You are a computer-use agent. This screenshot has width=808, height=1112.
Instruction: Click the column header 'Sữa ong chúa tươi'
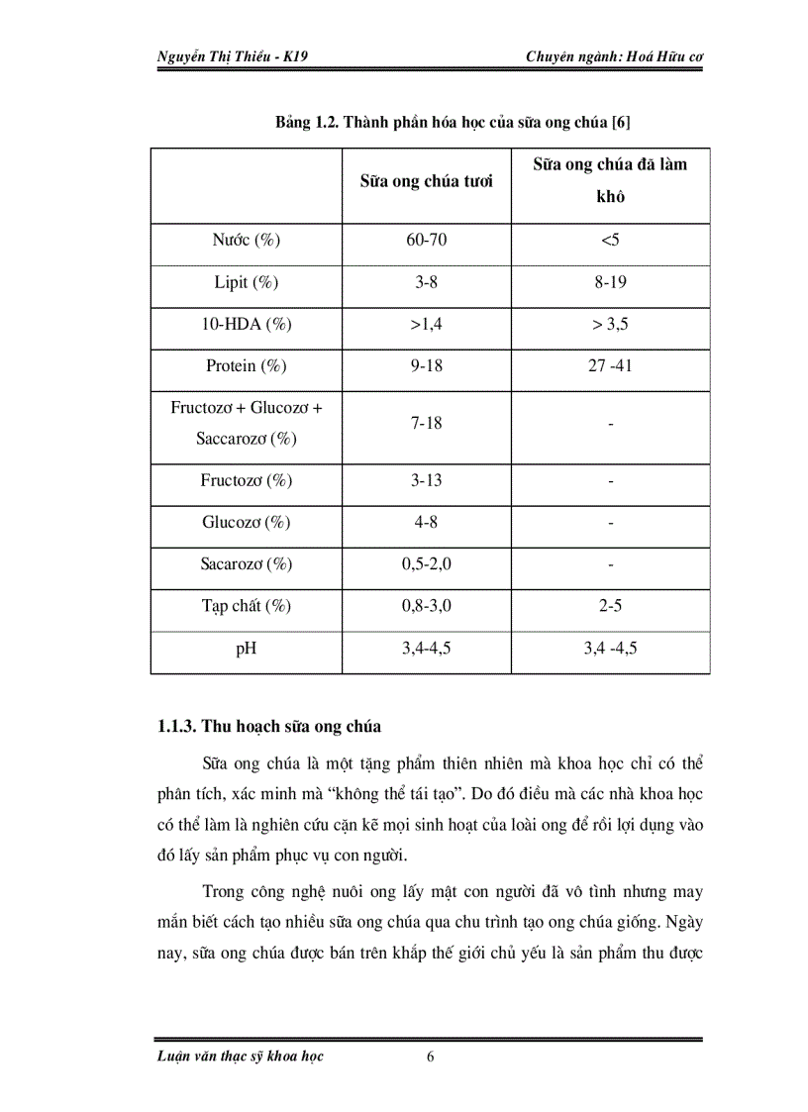(427, 181)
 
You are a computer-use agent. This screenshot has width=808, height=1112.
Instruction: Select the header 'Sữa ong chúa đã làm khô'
(610, 180)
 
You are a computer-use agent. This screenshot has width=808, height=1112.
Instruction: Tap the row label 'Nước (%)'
(247, 241)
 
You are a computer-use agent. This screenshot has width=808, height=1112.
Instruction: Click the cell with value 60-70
(427, 241)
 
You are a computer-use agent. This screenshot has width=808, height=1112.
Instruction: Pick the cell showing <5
(610, 241)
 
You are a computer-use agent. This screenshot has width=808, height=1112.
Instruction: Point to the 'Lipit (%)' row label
(247, 282)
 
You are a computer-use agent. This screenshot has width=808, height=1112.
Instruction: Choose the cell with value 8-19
(610, 282)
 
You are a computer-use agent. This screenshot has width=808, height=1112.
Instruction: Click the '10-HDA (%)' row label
(247, 324)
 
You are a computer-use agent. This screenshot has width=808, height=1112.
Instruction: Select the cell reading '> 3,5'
(610, 324)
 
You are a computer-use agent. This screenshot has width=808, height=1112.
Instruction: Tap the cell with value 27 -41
(610, 365)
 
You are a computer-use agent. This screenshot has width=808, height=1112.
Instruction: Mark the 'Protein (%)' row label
(247, 365)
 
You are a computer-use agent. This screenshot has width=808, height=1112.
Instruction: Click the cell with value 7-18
(427, 423)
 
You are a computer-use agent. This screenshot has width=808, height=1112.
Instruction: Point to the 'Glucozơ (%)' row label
(247, 522)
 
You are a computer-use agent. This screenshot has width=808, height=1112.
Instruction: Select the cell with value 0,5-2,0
(427, 563)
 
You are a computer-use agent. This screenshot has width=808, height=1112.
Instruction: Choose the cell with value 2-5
(610, 605)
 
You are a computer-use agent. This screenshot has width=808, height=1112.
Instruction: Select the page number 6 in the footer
(430, 1057)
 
